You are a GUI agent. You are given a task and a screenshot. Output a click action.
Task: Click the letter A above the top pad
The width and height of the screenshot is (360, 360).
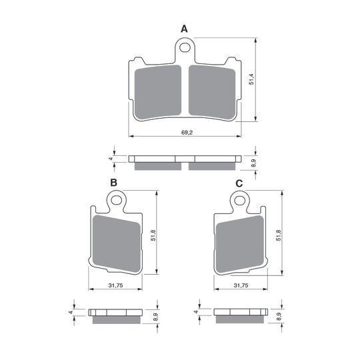click(x=184, y=29)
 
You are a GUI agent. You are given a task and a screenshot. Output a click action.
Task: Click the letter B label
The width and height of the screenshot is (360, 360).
click(x=114, y=183)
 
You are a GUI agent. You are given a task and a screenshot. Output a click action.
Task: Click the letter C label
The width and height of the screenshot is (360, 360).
click(x=238, y=183)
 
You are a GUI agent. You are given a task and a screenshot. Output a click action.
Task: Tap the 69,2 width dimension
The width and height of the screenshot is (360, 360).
click(x=187, y=133)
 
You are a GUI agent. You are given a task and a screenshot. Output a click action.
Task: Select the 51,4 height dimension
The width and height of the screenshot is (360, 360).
click(x=251, y=80)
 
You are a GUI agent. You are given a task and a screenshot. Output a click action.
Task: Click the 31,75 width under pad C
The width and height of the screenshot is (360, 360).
click(x=241, y=285)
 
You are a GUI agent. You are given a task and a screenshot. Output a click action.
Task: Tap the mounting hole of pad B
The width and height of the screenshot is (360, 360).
click(x=118, y=199)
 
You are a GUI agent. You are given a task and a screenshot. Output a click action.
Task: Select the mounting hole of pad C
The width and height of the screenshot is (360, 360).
click(x=239, y=199)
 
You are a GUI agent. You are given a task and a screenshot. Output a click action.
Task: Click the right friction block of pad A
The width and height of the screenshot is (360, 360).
click(x=212, y=90)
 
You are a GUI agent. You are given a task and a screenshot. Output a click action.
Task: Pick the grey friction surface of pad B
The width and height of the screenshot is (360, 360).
click(x=117, y=243)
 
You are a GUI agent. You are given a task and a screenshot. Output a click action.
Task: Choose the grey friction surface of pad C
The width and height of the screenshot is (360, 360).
click(x=241, y=243)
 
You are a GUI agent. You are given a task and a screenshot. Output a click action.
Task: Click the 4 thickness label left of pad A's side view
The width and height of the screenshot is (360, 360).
click(x=110, y=159)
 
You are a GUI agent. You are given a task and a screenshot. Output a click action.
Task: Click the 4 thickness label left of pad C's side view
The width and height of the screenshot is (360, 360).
click(x=196, y=311)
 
